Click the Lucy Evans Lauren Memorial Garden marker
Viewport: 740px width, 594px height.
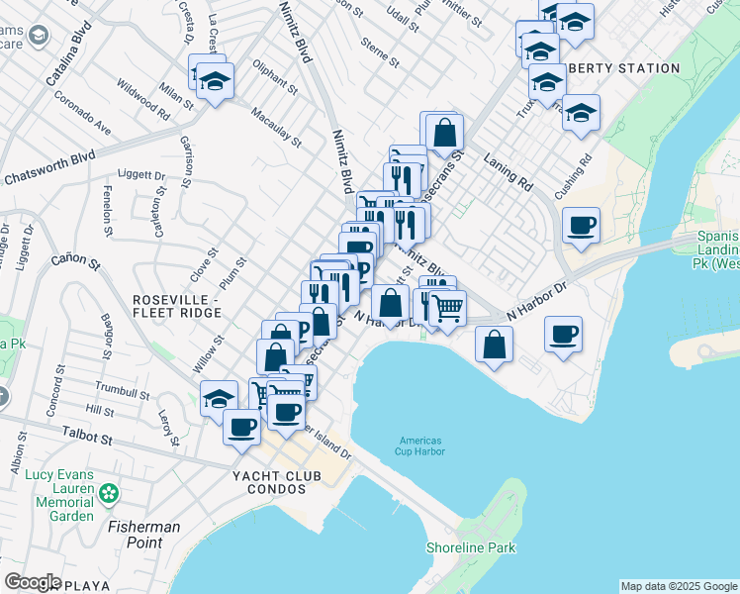point(109,492)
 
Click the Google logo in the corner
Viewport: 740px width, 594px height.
point(32,581)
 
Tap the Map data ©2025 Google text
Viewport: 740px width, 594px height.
point(678,586)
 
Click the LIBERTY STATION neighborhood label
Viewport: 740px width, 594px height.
point(626,68)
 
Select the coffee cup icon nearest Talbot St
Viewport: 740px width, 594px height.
point(241,427)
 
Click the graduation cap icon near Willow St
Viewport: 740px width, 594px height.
point(219,399)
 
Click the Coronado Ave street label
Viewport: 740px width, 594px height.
point(82,114)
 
